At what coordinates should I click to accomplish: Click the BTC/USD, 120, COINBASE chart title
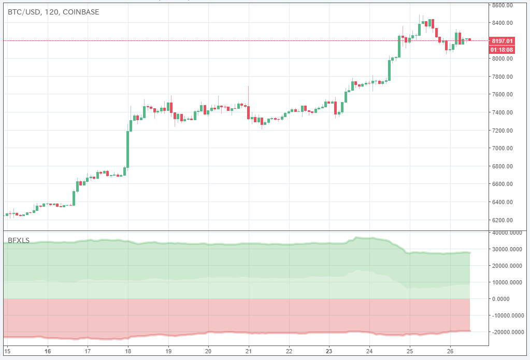[x=53, y=11]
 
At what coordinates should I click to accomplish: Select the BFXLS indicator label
[x=18, y=240]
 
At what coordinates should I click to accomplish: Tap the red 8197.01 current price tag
[x=502, y=41]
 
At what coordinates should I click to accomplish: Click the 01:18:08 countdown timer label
[x=502, y=50]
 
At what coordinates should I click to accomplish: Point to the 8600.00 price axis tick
[x=503, y=5]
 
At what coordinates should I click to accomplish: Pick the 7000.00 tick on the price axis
[x=503, y=148]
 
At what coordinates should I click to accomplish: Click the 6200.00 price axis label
[x=503, y=220]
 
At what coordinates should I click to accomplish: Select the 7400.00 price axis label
[x=503, y=112]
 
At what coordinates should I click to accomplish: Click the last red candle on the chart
[x=469, y=40]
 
